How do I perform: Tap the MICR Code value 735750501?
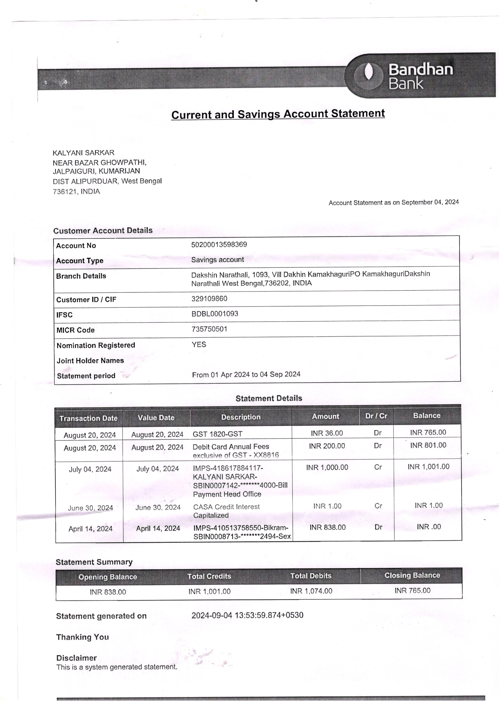tap(209, 329)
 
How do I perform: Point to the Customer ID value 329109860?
tap(209, 299)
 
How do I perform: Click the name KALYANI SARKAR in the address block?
tap(83, 153)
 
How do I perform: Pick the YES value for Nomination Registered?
tap(199, 344)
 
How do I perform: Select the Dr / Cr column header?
tap(376, 416)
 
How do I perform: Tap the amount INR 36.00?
tap(327, 433)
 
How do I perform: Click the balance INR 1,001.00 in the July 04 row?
tap(428, 467)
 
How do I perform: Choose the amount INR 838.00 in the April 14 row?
tap(328, 527)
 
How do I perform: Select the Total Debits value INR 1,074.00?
tap(311, 591)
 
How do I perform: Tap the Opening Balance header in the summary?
tap(108, 577)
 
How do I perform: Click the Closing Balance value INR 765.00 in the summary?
tap(412, 590)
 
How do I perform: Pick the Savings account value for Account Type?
tap(217, 260)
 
